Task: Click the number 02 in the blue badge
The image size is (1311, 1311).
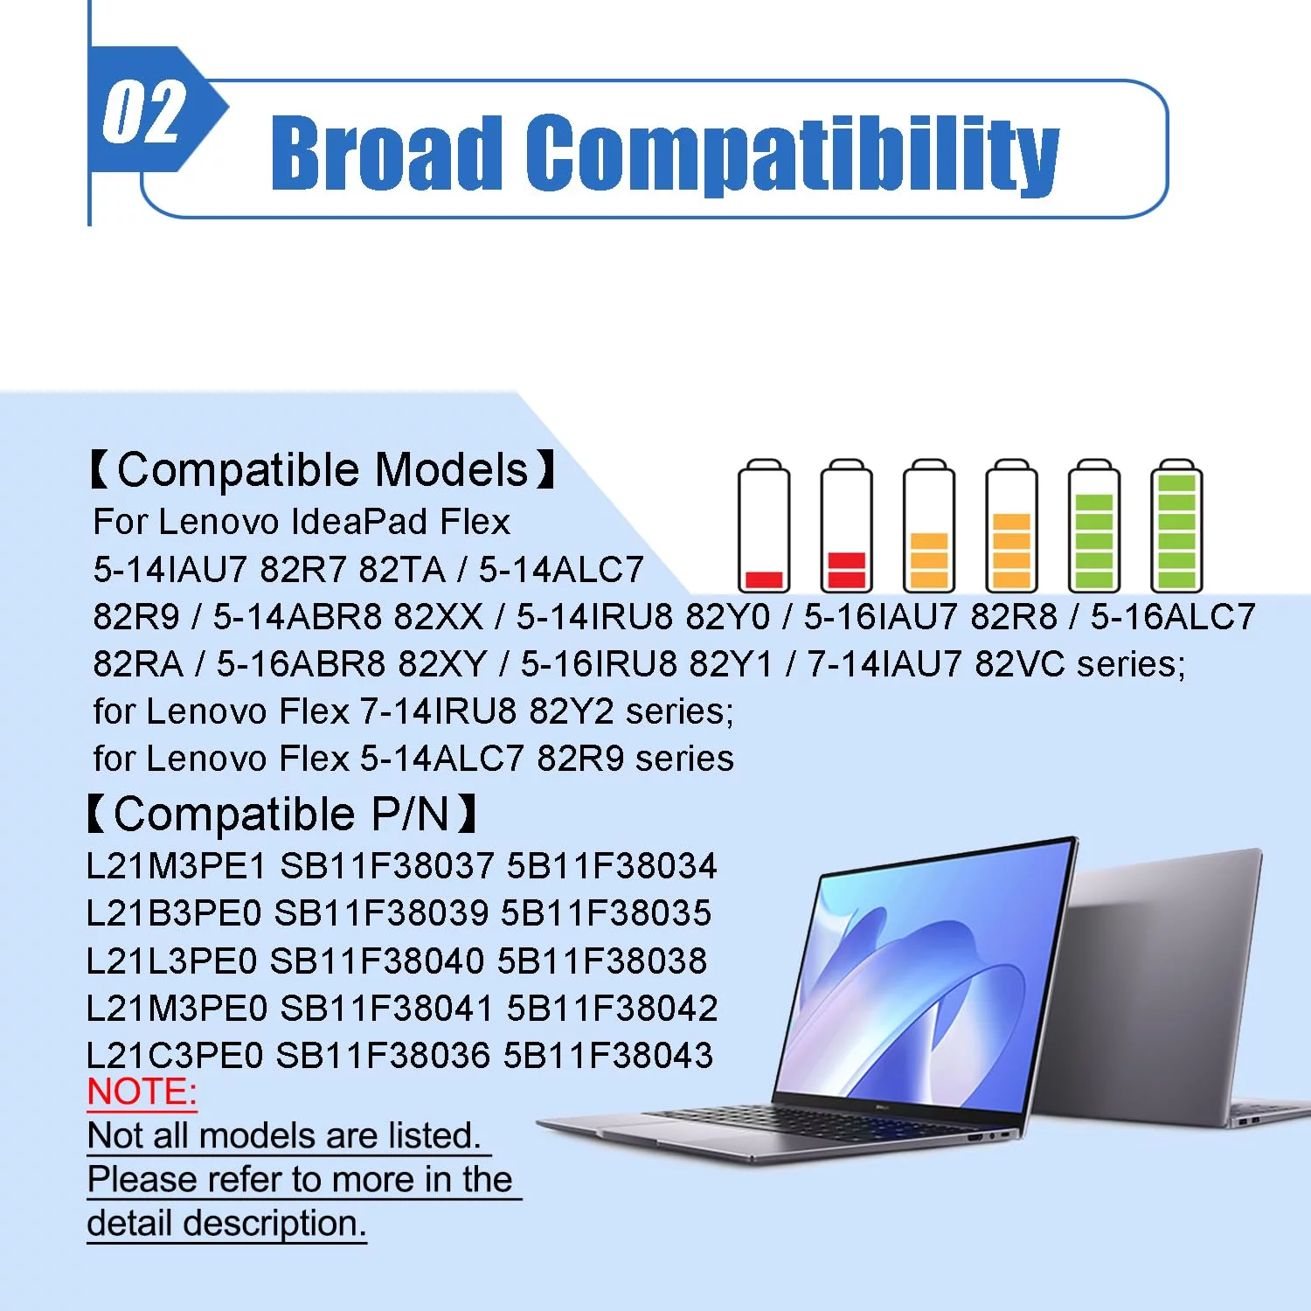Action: tap(144, 112)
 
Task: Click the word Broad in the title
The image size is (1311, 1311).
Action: tap(387, 152)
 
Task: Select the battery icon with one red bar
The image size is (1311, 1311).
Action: tap(764, 525)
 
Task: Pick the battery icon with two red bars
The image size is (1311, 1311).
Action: tap(846, 525)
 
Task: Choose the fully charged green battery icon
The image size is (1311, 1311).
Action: tap(1176, 525)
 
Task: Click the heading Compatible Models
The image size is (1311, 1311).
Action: tap(323, 470)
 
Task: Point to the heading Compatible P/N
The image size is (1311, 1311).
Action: tap(281, 815)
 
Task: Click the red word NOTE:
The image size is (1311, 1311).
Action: tap(142, 1092)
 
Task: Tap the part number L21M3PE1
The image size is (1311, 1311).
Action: tap(177, 866)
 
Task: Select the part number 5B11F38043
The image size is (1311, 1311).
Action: tap(608, 1055)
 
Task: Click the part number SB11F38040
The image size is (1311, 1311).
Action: tap(377, 961)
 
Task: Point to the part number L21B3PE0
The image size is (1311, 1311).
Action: tap(174, 913)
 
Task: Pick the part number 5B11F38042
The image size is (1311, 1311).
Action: tap(613, 1008)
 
